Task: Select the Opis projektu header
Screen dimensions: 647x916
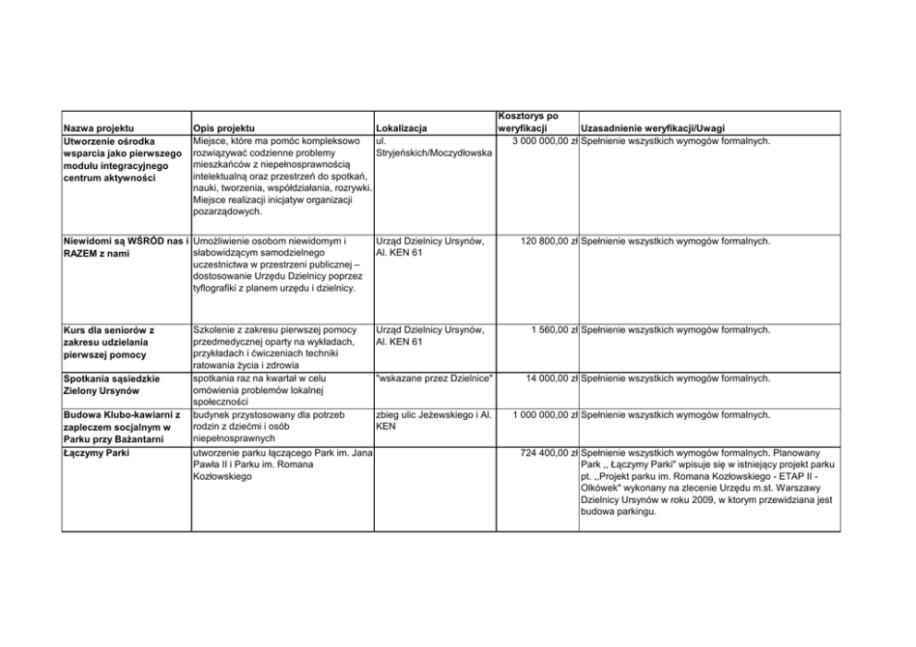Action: coord(224,128)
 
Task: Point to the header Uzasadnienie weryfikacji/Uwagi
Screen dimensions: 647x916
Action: coord(652,128)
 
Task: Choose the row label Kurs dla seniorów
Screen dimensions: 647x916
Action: coord(107,329)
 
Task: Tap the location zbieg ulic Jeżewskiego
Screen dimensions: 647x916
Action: coord(430,414)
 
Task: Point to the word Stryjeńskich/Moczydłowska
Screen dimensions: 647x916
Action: coord(434,152)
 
